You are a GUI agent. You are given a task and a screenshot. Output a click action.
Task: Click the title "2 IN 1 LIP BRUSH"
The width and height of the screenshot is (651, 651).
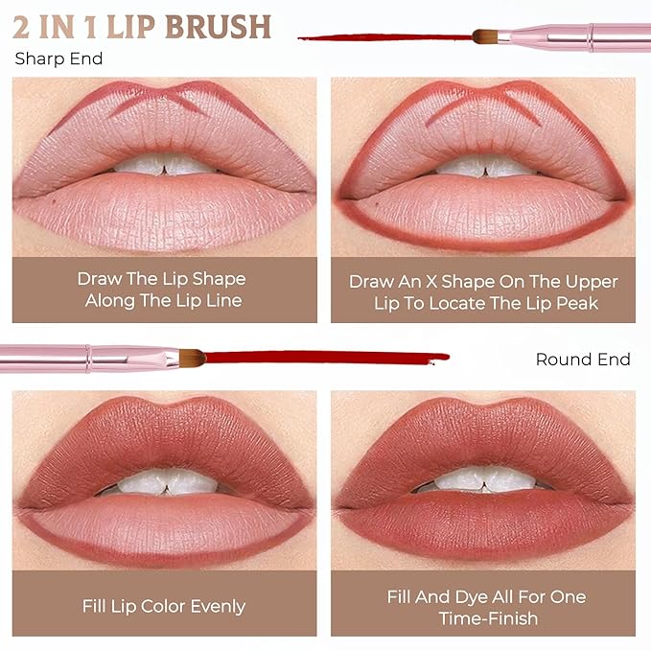pyautogui.click(x=142, y=26)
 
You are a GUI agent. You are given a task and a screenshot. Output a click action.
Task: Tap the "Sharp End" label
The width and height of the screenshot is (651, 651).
pyautogui.click(x=58, y=59)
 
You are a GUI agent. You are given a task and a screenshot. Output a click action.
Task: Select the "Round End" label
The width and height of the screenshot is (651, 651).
pyautogui.click(x=583, y=360)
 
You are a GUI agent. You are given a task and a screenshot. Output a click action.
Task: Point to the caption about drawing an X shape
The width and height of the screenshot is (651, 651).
pyautogui.click(x=483, y=291)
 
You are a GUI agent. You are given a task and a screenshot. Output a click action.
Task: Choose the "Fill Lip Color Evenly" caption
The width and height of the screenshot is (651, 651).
pyautogui.click(x=164, y=606)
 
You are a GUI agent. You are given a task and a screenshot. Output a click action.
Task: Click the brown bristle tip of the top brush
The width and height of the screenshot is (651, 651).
pyautogui.click(x=484, y=37)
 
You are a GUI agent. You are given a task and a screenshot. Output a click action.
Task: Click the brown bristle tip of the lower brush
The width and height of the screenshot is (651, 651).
pyautogui.click(x=193, y=358)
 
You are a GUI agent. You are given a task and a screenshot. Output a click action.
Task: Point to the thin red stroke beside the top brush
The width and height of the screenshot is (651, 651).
pyautogui.click(x=384, y=38)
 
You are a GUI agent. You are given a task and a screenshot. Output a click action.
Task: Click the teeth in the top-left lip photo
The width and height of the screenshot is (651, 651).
pyautogui.click(x=164, y=165)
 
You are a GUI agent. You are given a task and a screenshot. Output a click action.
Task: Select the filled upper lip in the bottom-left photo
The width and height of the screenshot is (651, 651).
pyautogui.click(x=164, y=436)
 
